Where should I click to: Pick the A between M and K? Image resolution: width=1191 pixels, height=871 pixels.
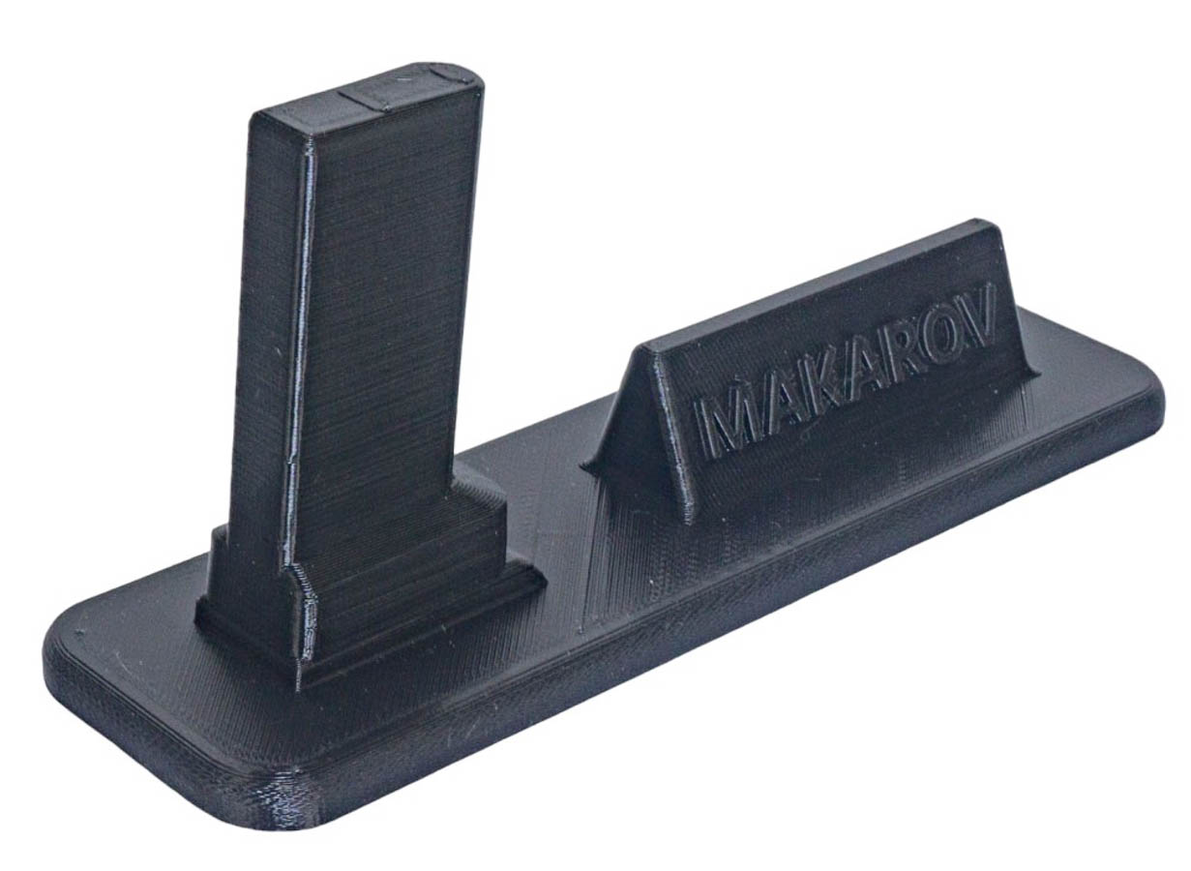click(x=777, y=413)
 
